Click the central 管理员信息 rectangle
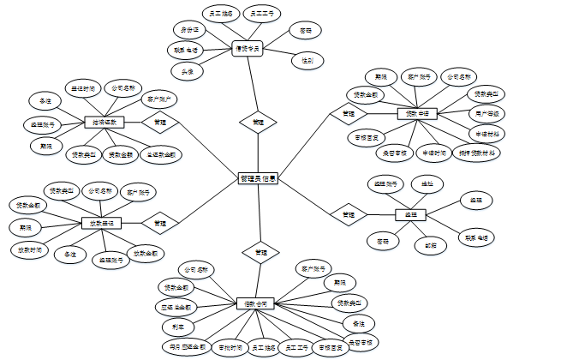coord(258,178)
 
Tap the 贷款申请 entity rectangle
coord(417,113)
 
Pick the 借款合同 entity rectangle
coord(256,303)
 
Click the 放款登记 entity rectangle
coord(101,223)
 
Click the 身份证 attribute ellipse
coord(188,30)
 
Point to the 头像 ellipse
coord(186,71)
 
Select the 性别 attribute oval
coord(307,61)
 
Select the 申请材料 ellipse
coord(485,134)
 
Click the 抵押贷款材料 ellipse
coord(478,153)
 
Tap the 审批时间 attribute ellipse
coord(225,347)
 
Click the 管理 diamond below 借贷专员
coord(258,123)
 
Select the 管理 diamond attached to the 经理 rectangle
coord(349,213)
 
